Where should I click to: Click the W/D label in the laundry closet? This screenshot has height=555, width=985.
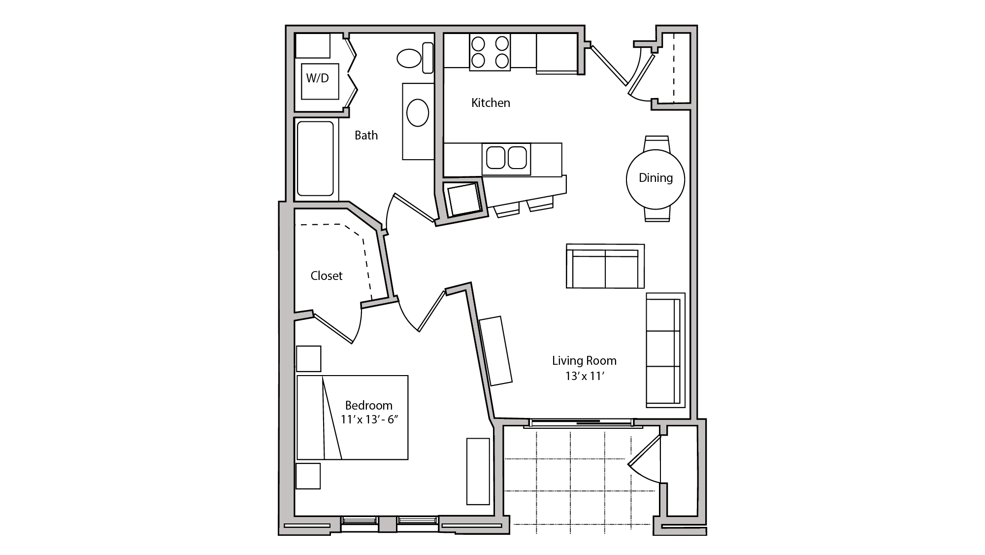318,78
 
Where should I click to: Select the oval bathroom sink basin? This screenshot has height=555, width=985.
418,113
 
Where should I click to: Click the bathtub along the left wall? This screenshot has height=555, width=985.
316,159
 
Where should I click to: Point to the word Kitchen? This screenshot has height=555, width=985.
491,103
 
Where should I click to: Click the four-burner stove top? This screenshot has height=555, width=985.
490,52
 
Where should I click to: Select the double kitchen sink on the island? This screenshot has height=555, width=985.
506,158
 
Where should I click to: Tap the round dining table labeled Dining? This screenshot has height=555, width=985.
656,178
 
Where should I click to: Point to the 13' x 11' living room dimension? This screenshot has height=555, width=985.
585,376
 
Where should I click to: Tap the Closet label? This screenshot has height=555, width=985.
326,276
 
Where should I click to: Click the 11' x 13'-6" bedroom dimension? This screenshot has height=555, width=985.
369,419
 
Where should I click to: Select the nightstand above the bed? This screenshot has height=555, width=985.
309,358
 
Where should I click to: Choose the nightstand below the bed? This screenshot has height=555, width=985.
308,476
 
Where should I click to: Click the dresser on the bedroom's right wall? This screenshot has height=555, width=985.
478,471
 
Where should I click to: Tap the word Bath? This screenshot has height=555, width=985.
366,135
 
